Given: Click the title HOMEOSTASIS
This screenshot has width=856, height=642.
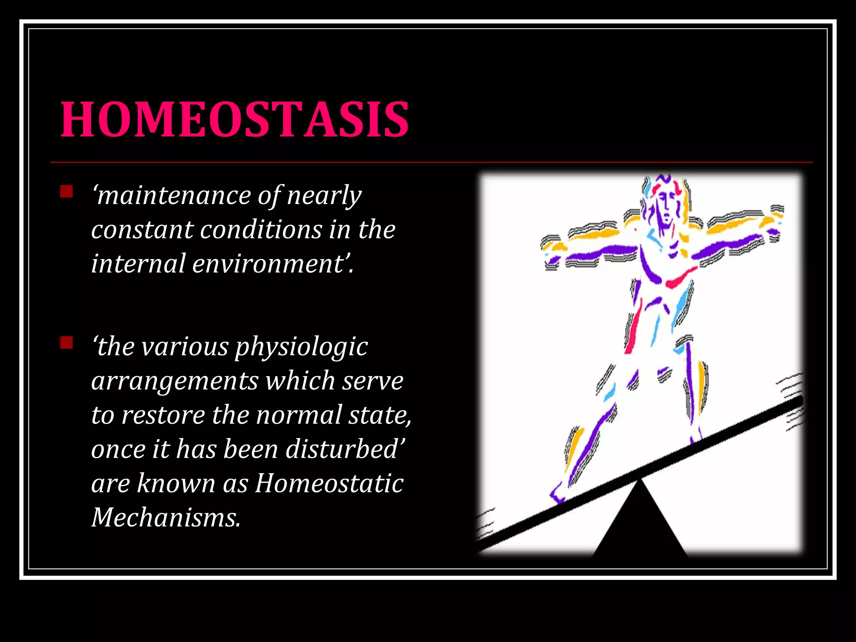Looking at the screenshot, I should [x=234, y=120].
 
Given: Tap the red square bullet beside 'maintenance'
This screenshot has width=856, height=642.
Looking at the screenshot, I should [x=66, y=192].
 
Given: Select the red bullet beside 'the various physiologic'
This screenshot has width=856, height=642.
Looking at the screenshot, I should [x=66, y=343].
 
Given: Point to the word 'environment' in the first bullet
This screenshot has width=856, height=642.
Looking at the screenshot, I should [x=267, y=264].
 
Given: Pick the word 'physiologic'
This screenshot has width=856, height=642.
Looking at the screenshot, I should [x=301, y=348].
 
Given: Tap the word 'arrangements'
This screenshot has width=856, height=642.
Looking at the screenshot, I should [x=175, y=382].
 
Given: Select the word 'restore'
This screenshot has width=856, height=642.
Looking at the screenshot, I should [x=163, y=415].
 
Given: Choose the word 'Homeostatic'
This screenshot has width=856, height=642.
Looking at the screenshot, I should [x=329, y=484].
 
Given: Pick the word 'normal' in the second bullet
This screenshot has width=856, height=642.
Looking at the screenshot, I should [x=298, y=415].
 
